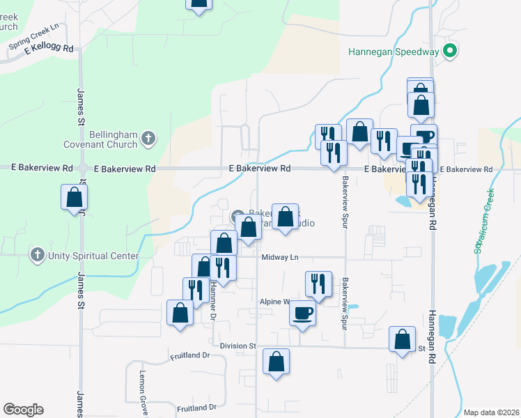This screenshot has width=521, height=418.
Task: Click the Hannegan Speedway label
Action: (x=394, y=52)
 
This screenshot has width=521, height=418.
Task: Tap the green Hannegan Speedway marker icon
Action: (x=450, y=51)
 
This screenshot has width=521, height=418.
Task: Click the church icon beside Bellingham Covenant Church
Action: (x=147, y=139)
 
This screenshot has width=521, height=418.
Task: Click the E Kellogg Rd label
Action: (x=49, y=48)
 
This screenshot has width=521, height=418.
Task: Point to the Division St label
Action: (x=238, y=346)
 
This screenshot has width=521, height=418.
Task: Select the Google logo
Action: (x=23, y=410)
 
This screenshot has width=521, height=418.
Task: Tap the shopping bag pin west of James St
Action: (x=74, y=198)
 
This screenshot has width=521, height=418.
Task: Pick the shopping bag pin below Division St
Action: (x=277, y=362)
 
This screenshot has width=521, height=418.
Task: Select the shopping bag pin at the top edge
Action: (x=199, y=3)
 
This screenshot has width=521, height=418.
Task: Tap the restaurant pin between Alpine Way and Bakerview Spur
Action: (x=318, y=284)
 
